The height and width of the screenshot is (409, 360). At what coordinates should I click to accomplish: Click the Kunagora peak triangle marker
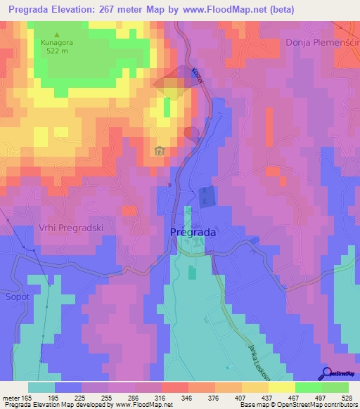pos(57,34)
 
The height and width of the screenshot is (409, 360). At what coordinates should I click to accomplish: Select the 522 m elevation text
pos(57,51)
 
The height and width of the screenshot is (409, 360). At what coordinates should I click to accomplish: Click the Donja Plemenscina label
pos(322,43)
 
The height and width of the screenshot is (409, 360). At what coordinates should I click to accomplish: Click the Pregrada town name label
pos(193,232)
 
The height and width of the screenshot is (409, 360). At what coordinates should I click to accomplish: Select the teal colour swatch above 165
pos(41,387)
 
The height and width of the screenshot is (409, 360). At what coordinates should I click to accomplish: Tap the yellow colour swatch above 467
pos(282,387)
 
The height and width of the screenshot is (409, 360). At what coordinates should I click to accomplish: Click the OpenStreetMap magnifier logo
pos(327,373)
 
